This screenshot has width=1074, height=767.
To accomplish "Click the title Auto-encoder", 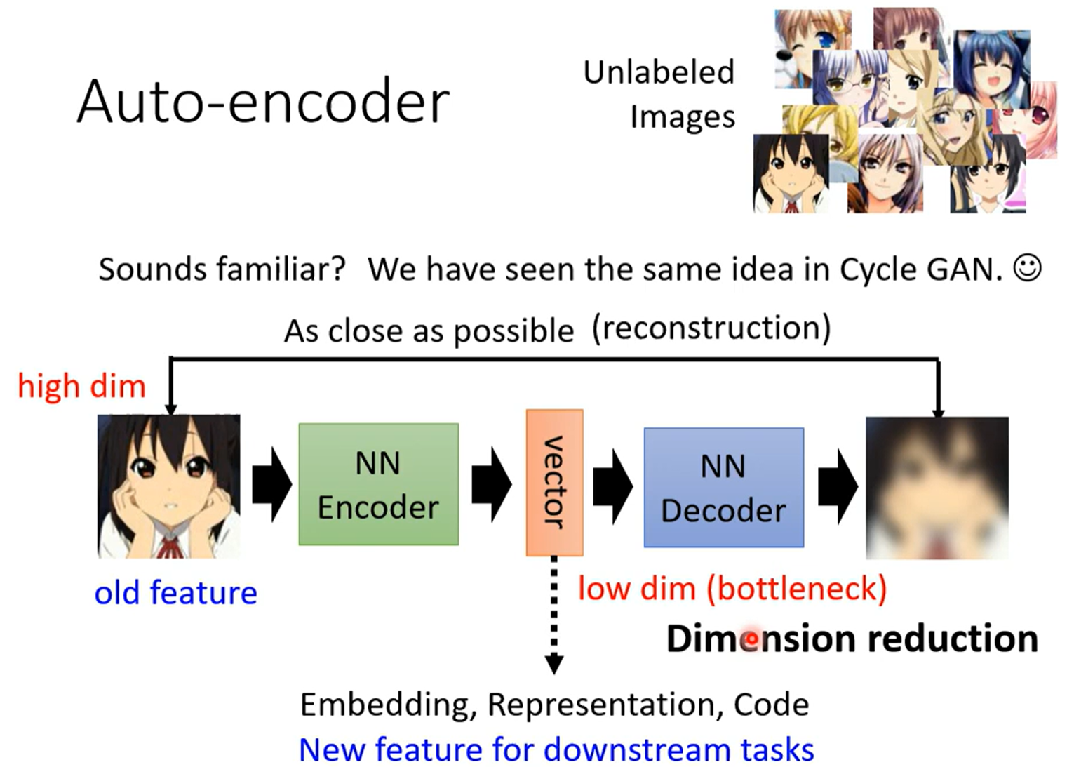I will pyautogui.click(x=263, y=102).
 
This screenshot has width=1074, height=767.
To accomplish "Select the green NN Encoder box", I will pyautogui.click(x=378, y=484).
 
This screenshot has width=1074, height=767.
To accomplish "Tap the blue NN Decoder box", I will pyautogui.click(x=723, y=488).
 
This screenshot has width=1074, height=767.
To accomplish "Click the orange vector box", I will pyautogui.click(x=554, y=483).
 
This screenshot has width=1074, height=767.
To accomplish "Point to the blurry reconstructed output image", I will pyautogui.click(x=937, y=488).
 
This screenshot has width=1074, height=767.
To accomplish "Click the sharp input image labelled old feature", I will pyautogui.click(x=168, y=486).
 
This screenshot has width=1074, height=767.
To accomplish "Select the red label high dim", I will pyautogui.click(x=81, y=386).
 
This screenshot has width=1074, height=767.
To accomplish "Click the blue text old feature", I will pyautogui.click(x=175, y=593).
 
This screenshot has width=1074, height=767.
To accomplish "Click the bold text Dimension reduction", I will pyautogui.click(x=852, y=639).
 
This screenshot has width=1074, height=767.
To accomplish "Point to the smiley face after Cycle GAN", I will pyautogui.click(x=1027, y=268).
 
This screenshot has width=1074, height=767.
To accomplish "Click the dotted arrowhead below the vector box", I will pyautogui.click(x=554, y=663).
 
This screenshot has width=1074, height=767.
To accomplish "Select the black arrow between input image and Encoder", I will pyautogui.click(x=271, y=485).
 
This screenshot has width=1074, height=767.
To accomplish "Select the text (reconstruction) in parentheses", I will pyautogui.click(x=711, y=328).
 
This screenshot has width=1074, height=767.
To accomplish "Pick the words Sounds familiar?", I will pyautogui.click(x=222, y=269).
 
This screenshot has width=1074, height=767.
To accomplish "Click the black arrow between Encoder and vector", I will pyautogui.click(x=491, y=485).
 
